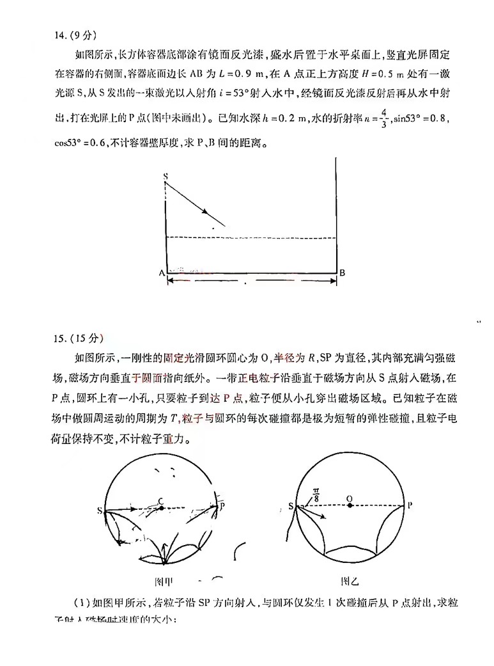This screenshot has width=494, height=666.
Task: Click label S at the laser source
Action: coord(165,175)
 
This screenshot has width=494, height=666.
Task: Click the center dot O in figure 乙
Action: coord(350,506)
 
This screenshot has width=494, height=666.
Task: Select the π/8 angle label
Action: coord(316,494)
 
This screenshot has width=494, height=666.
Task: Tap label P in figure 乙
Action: coord(410,505)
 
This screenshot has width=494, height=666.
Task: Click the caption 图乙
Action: coord(350,582)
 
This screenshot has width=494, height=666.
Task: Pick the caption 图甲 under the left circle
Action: coord(164,582)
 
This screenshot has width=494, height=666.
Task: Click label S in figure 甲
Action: coord(100,511)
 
